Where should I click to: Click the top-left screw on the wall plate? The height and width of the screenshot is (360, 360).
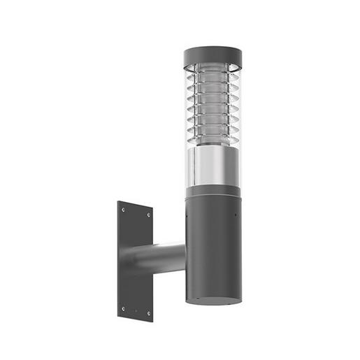[124, 208]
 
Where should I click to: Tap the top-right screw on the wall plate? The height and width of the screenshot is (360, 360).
[147, 216]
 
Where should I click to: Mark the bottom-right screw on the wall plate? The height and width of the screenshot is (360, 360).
[147, 312]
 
